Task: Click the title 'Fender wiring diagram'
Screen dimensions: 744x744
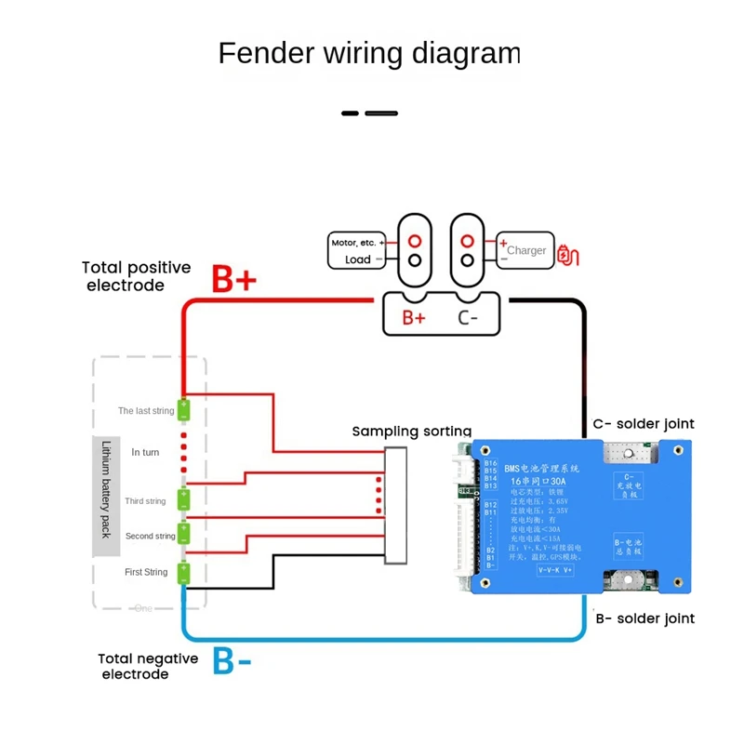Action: click(368, 53)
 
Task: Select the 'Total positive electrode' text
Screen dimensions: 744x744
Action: click(137, 276)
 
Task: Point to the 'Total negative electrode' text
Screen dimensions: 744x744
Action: click(148, 666)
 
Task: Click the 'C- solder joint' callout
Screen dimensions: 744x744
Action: click(644, 424)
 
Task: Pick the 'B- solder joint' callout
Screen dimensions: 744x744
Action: click(644, 618)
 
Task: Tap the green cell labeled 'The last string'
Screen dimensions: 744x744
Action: click(184, 408)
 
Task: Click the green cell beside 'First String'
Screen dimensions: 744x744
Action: click(184, 573)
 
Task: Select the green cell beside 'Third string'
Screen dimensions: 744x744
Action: click(184, 499)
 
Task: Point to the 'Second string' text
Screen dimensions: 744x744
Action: click(151, 537)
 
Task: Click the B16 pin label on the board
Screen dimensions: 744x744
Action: click(490, 462)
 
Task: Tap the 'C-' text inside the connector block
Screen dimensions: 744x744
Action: click(468, 317)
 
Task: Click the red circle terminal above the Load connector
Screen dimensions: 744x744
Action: click(414, 240)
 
